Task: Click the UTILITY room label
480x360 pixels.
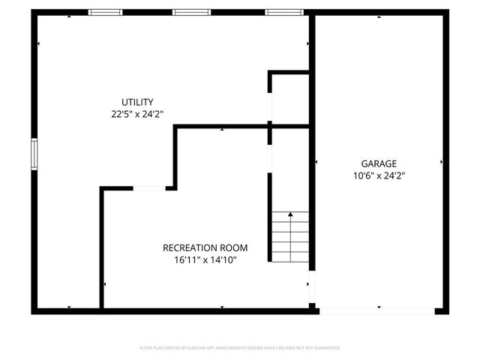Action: tap(137, 102)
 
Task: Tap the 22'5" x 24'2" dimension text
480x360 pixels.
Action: tap(137, 114)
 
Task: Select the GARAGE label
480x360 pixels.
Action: tap(379, 163)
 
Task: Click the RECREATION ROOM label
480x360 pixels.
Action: tap(205, 247)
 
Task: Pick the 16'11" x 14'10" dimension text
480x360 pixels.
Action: tap(205, 260)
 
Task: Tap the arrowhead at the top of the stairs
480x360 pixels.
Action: tap(290, 214)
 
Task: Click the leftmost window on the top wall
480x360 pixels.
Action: tap(105, 12)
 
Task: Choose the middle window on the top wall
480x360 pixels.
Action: tap(190, 12)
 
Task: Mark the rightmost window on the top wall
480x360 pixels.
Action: tap(283, 12)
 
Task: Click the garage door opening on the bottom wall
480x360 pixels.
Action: tap(375, 310)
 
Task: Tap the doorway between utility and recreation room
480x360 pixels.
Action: tap(150, 188)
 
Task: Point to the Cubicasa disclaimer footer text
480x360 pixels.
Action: tap(240, 348)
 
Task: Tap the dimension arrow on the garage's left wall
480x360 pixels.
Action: tap(317, 161)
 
